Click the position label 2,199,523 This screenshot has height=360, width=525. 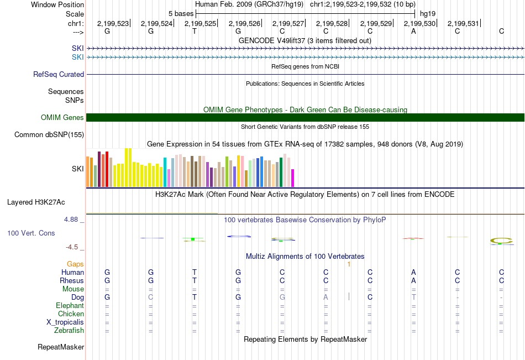tap(113, 24)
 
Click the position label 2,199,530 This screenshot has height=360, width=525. tap(419, 24)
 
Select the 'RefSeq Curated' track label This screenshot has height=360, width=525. tap(59, 74)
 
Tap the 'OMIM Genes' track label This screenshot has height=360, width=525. tap(62, 117)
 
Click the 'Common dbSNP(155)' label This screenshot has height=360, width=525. tap(49, 134)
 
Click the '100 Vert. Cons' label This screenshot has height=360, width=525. tap(31, 233)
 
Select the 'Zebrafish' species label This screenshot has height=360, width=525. tap(69, 331)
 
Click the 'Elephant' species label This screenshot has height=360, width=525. tap(70, 306)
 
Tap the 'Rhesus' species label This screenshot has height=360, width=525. tap(72, 281)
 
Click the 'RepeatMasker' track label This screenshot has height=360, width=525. tap(61, 347)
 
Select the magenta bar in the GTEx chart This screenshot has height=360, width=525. tap(293, 178)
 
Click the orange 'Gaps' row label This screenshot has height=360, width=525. tap(75, 264)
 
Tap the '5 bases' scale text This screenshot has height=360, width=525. tap(181, 13)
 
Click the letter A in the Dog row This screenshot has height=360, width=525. tap(326, 298)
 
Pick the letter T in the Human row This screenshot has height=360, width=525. tap(195, 273)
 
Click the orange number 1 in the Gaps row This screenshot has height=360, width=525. tap(349, 264)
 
